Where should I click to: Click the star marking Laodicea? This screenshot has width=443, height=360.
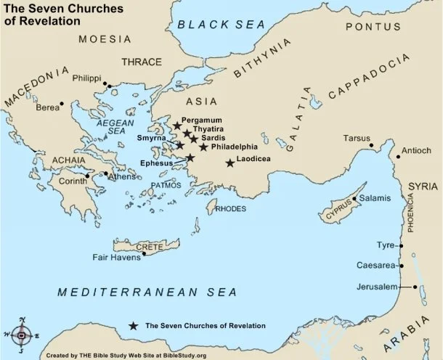(x=230, y=163)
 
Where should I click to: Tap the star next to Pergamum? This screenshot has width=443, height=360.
(x=176, y=126)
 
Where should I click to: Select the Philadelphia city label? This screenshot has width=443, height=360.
(x=234, y=147)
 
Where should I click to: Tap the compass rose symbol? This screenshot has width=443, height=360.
(x=22, y=335)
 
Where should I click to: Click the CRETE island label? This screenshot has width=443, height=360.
(x=150, y=247)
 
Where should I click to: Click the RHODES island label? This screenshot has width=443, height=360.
(x=231, y=208)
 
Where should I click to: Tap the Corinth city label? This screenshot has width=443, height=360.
(x=72, y=181)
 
